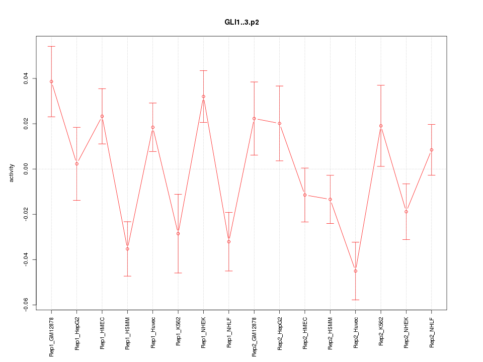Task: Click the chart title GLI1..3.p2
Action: click(x=242, y=23)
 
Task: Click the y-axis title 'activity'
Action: click(x=12, y=173)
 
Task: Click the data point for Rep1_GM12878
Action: click(x=51, y=81)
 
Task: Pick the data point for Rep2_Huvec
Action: click(x=355, y=271)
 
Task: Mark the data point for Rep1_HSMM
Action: click(x=127, y=249)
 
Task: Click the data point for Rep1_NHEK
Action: click(x=203, y=97)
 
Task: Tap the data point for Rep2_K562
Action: click(x=381, y=126)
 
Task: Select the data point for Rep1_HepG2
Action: click(x=76, y=164)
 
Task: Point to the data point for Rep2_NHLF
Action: click(x=432, y=150)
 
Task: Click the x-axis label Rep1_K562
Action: click(x=178, y=331)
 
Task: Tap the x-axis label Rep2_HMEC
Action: click(x=305, y=332)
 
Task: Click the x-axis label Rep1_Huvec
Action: click(x=153, y=332)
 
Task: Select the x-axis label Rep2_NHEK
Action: click(x=406, y=332)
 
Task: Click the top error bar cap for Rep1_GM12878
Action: click(x=51, y=46)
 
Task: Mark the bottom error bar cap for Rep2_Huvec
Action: click(x=355, y=300)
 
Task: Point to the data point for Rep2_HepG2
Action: click(x=279, y=123)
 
